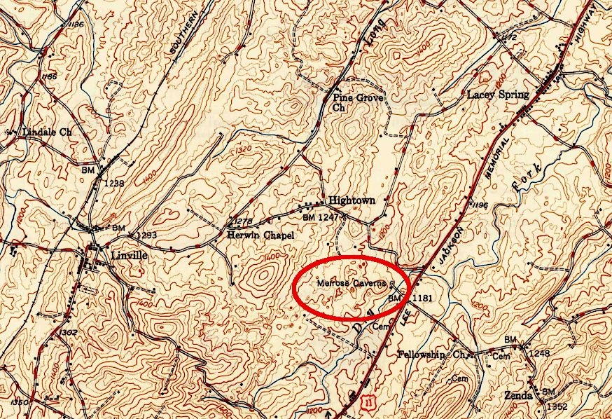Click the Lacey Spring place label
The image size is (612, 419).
click(x=498, y=94)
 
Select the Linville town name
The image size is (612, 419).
click(x=129, y=255)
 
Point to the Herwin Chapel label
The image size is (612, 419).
click(x=260, y=236)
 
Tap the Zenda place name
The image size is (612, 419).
click(x=517, y=395)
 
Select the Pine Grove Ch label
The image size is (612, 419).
click(x=358, y=102)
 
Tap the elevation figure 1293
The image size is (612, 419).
click(x=147, y=235)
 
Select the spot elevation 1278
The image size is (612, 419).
click(x=241, y=221)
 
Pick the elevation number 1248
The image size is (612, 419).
click(x=537, y=354)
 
